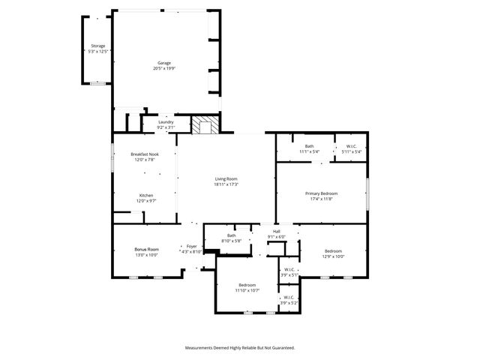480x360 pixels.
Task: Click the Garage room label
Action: point(164,63)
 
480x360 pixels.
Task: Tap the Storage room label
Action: point(98,46)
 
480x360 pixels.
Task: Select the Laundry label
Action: point(166,122)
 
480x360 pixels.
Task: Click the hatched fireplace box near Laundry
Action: point(205,124)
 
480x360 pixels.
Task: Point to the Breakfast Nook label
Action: point(145,154)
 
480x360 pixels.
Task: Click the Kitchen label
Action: point(145,196)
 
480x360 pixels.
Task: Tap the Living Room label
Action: point(226,178)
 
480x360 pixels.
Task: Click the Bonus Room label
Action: point(146,249)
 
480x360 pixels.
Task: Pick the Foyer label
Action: point(191,246)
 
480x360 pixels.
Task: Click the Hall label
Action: point(277,231)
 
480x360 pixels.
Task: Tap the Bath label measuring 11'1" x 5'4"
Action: point(309,146)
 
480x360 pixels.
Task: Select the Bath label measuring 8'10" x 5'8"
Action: point(232,235)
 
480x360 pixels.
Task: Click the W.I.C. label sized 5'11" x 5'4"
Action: point(351,146)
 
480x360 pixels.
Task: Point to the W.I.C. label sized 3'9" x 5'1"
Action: point(289,270)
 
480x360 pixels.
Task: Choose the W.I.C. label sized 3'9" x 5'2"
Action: point(289,298)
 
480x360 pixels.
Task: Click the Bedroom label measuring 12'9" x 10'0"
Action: point(333,250)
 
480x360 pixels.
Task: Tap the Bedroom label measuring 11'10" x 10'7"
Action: point(247,285)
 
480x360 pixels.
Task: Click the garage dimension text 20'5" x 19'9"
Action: point(164,68)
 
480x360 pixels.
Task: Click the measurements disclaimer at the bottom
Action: point(240,348)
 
